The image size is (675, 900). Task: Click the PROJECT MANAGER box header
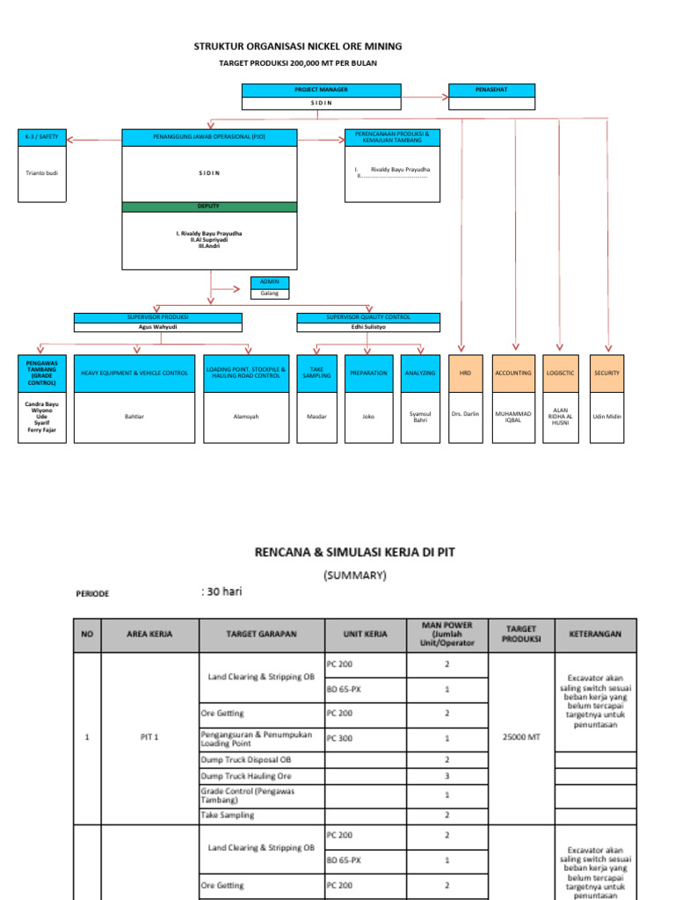pyautogui.click(x=321, y=90)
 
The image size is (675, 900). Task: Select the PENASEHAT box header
pyautogui.click(x=491, y=90)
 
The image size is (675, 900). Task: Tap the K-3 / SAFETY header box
pyautogui.click(x=42, y=137)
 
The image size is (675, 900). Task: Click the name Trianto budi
pyautogui.click(x=42, y=172)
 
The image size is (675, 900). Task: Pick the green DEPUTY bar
pyautogui.click(x=208, y=207)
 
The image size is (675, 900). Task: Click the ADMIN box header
pyautogui.click(x=269, y=282)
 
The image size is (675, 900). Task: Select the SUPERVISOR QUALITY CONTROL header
pyautogui.click(x=368, y=317)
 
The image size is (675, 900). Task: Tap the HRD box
pyautogui.click(x=466, y=373)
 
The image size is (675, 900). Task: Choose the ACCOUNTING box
pyautogui.click(x=513, y=373)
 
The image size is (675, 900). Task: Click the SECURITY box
pyautogui.click(x=606, y=373)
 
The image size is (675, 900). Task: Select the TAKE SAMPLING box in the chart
pyautogui.click(x=317, y=373)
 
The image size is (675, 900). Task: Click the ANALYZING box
pyautogui.click(x=420, y=373)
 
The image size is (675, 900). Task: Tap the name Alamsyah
pyautogui.click(x=245, y=416)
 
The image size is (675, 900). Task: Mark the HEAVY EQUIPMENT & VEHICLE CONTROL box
pyautogui.click(x=134, y=373)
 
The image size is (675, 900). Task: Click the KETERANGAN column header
pyautogui.click(x=595, y=633)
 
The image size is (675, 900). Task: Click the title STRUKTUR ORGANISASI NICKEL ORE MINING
pyautogui.click(x=298, y=46)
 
